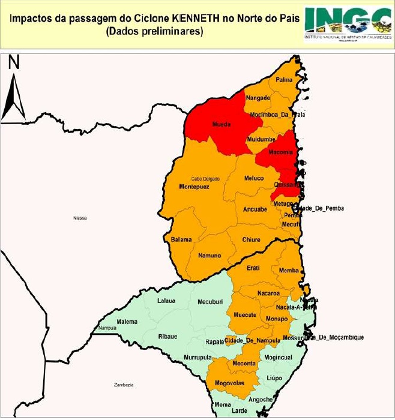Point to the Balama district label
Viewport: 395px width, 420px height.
[x=181, y=239]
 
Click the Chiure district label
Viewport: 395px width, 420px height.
[x=251, y=239]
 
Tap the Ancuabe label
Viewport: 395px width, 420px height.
[x=255, y=209]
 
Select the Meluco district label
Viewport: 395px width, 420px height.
[x=254, y=178]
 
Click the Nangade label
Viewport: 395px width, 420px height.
[x=259, y=97]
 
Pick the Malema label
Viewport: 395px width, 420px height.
[x=127, y=322]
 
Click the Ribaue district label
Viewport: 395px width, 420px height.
[x=169, y=337]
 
